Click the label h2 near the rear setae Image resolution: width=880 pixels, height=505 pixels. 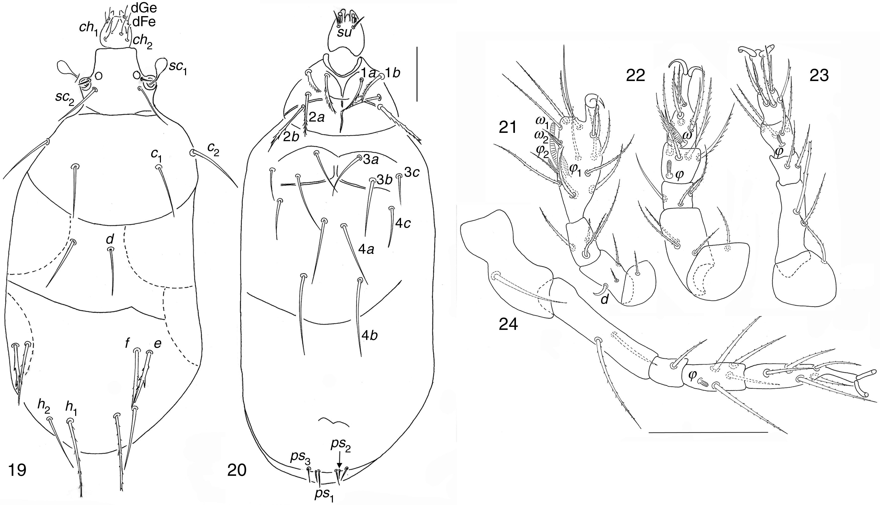click(x=44, y=410)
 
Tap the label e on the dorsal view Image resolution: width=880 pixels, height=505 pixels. click(x=158, y=343)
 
